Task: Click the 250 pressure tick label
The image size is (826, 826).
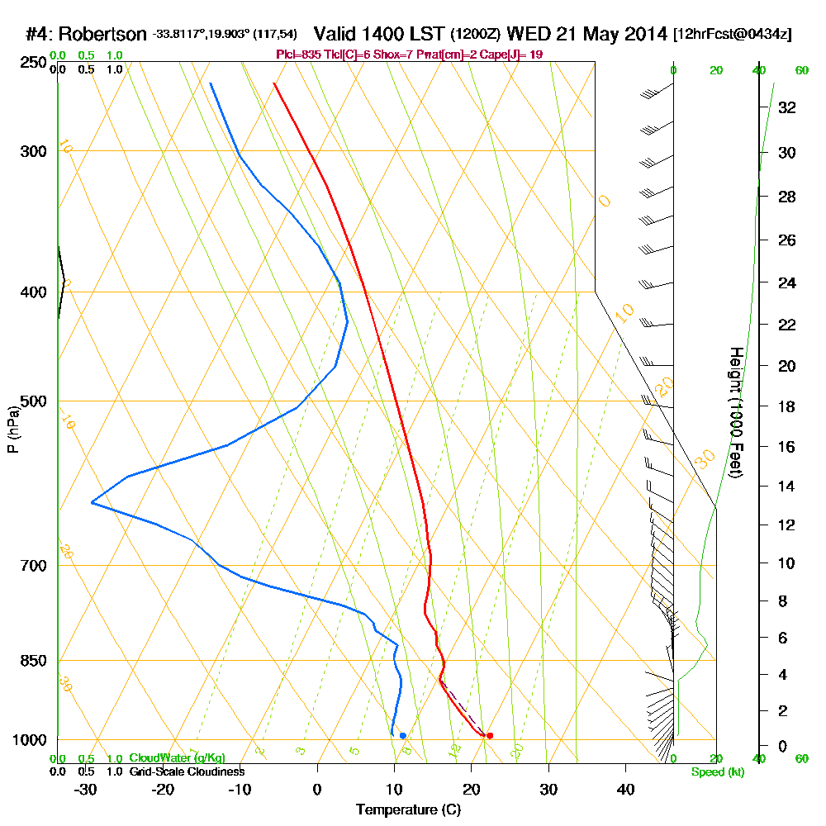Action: pyautogui.click(x=33, y=62)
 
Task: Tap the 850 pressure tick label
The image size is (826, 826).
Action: pyautogui.click(x=33, y=660)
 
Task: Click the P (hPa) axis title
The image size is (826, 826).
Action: pyautogui.click(x=12, y=430)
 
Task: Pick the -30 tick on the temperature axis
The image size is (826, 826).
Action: pyautogui.click(x=86, y=789)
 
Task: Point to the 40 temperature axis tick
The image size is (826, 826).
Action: pyautogui.click(x=625, y=789)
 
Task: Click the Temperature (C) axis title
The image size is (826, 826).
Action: pyautogui.click(x=408, y=809)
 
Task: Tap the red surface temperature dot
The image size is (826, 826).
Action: pyautogui.click(x=490, y=735)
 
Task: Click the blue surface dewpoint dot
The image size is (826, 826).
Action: pyautogui.click(x=402, y=735)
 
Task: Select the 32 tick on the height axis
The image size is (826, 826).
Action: pyautogui.click(x=787, y=107)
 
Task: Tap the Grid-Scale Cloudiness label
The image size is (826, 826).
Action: pyautogui.click(x=186, y=771)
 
